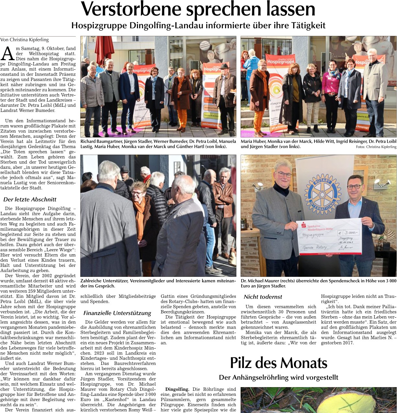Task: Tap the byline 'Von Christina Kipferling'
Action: (25, 40)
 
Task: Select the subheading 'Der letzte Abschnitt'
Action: (30, 200)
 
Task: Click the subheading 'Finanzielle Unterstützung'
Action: (117, 313)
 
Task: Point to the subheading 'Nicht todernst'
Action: (263, 297)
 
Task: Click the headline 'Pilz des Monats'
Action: (278, 363)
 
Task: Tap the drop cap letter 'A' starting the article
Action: (7, 54)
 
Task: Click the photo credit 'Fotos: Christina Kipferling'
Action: (376, 147)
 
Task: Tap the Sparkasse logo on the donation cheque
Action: (303, 223)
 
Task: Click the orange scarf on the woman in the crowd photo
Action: (140, 210)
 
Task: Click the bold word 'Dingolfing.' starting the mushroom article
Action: (177, 389)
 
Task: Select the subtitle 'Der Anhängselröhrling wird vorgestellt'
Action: (278, 377)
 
